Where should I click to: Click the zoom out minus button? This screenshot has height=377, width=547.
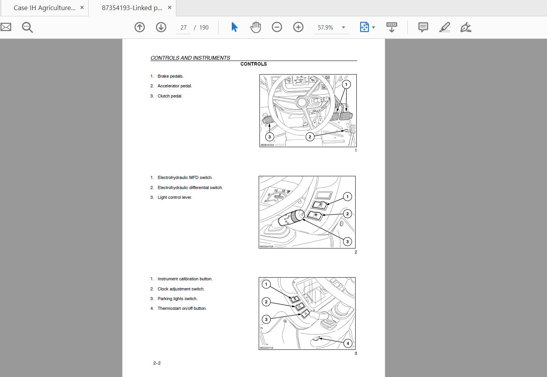pos(277,27)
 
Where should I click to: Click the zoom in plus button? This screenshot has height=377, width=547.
pos(298,27)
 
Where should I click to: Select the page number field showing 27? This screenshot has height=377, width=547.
pos(184,28)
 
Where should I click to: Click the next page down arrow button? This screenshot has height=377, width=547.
pos(161,27)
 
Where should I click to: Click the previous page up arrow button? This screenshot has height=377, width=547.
pos(140,27)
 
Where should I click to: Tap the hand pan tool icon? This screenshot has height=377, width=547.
pos(256,27)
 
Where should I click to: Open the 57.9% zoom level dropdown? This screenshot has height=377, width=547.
pos(343,28)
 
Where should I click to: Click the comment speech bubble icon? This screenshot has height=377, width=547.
pos(423,27)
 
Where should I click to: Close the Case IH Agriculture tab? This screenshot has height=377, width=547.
pos(82,7)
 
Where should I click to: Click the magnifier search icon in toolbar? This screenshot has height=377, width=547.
pos(27,27)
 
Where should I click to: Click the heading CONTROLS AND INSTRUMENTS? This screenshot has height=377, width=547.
pos(190,58)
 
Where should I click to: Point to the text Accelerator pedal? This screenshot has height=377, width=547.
pos(175,86)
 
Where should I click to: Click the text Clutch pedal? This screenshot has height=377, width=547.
pos(170,96)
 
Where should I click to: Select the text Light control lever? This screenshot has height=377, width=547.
pos(175,197)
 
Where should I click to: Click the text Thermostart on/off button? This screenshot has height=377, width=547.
pos(182,308)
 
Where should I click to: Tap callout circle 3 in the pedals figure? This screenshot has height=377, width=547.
pos(270,137)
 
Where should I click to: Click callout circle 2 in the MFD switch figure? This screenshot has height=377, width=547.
pos(347,214)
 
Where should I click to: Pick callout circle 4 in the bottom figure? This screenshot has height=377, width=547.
pos(348,343)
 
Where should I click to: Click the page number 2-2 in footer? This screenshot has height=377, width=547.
pos(157,363)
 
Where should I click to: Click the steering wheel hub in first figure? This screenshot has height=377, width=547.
pos(302,103)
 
